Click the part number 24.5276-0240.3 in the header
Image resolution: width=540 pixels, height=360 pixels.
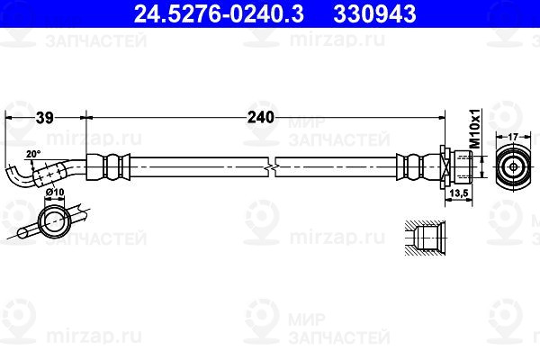click(219, 13)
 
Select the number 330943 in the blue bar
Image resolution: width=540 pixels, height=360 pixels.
click(374, 13)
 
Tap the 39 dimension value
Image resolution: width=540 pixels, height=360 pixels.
click(45, 118)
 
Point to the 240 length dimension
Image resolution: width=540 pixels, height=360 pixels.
click(261, 118)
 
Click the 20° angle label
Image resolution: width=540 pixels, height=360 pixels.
click(33, 154)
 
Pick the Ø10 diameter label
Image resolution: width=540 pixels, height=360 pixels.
click(55, 192)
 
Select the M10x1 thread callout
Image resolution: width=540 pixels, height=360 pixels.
click(475, 129)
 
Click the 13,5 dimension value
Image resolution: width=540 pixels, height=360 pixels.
click(459, 193)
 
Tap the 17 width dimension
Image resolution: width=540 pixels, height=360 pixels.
click(513, 137)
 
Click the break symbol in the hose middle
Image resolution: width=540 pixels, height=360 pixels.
click(272, 167)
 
